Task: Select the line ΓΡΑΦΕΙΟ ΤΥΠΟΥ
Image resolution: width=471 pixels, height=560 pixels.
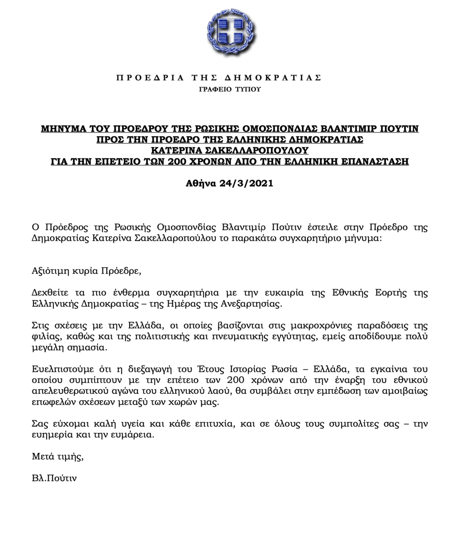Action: point(230,89)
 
